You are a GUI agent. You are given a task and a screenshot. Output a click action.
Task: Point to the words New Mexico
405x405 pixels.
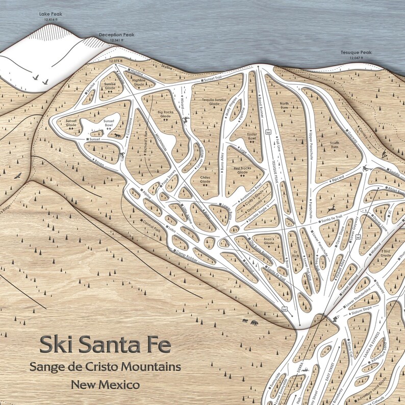(106, 384)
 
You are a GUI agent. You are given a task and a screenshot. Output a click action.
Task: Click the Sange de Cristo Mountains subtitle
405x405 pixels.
(106, 367)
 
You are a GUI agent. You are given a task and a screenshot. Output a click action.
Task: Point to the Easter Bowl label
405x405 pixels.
(247, 136)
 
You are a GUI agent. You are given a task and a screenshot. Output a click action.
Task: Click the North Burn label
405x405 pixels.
(284, 106)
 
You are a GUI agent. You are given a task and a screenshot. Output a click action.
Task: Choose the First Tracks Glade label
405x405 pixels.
(243, 170)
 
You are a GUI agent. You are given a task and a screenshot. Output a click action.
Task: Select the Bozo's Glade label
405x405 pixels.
(269, 240)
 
